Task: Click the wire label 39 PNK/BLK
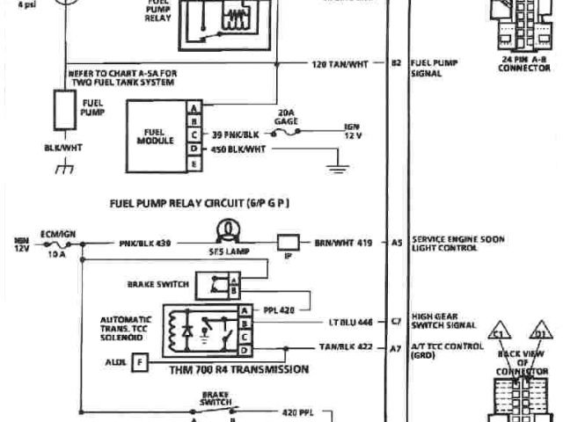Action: [235, 135]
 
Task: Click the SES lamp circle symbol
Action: [227, 230]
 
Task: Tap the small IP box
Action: [288, 241]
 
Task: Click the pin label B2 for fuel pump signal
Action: [396, 64]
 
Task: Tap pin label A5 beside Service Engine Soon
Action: [396, 241]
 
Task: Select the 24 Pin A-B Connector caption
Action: [524, 63]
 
